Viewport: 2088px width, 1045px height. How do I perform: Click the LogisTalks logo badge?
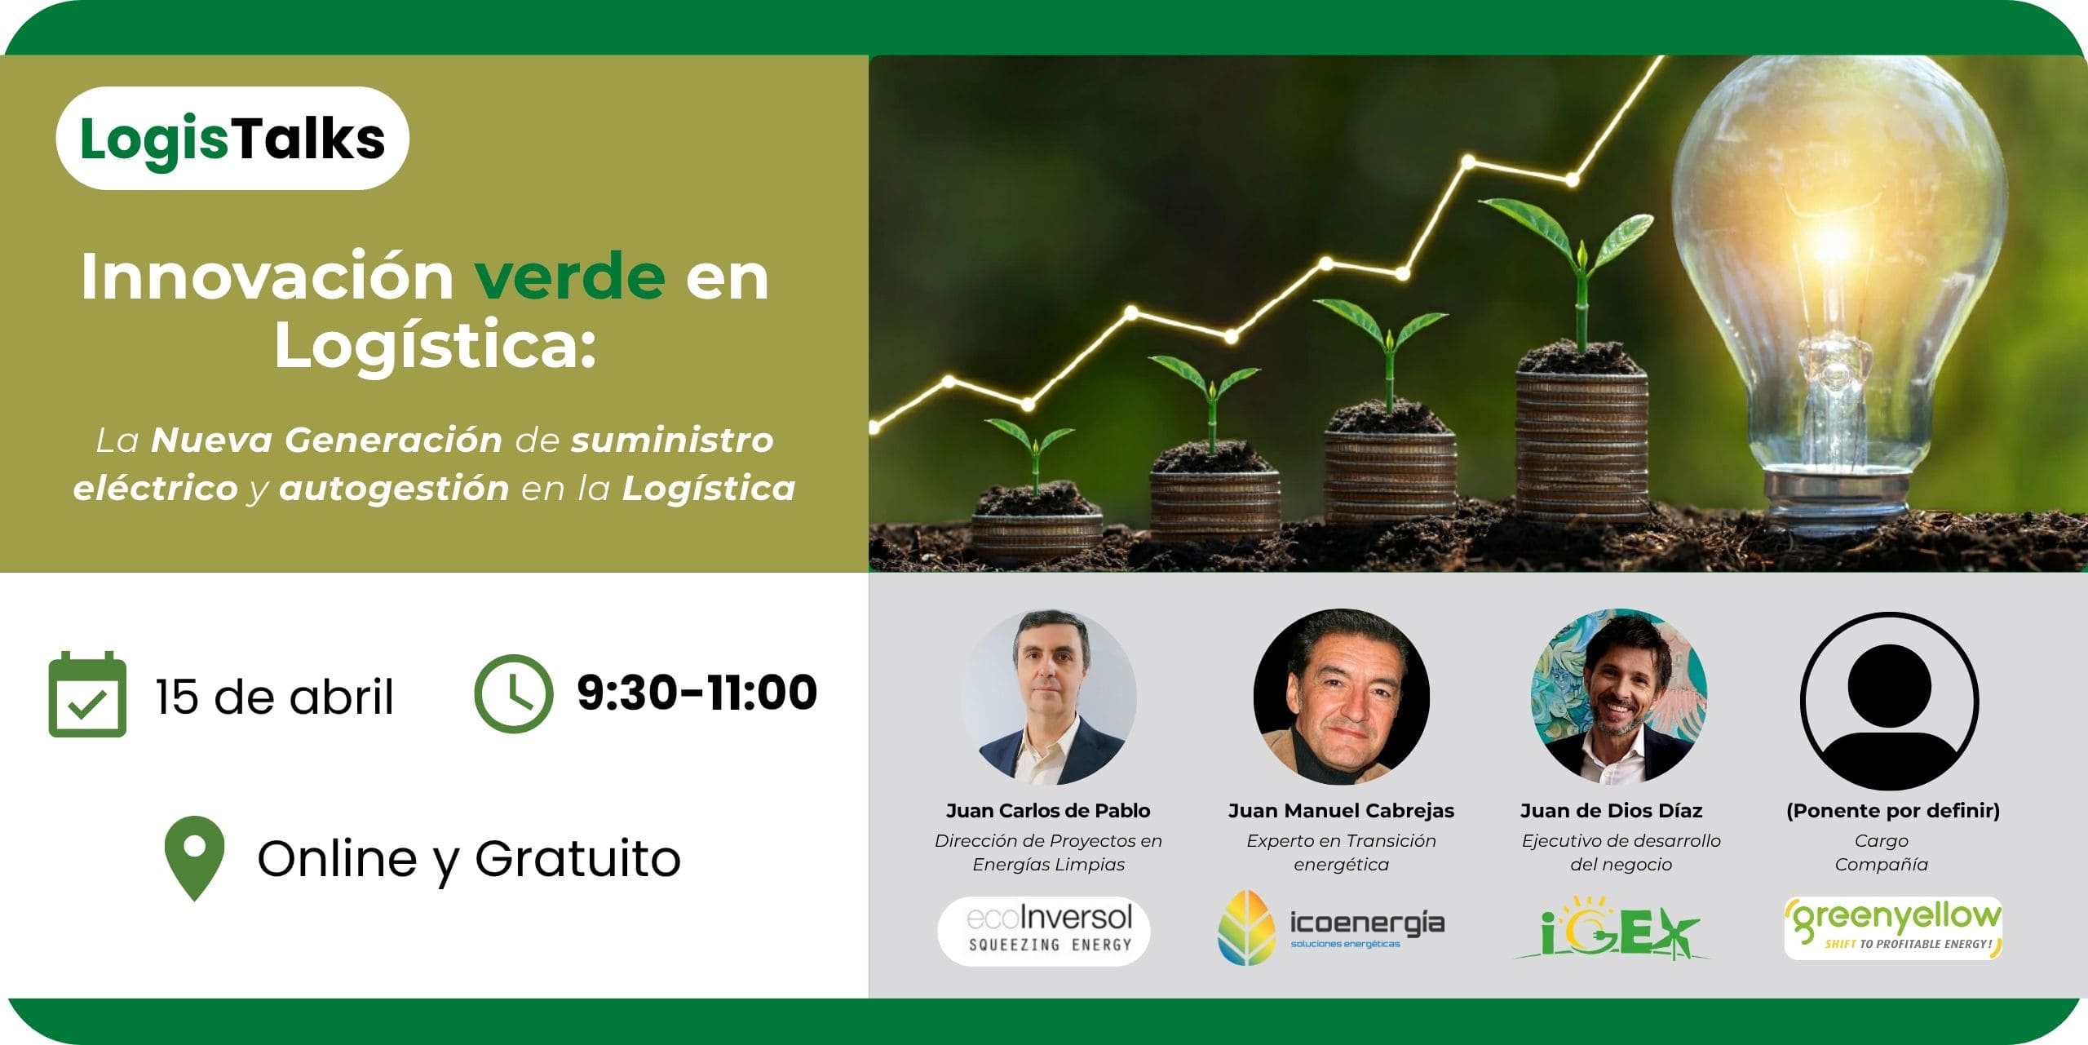pyautogui.click(x=232, y=138)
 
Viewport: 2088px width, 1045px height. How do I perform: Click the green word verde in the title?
pyautogui.click(x=570, y=277)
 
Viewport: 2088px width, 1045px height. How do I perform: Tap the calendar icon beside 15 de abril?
pyautogui.click(x=87, y=694)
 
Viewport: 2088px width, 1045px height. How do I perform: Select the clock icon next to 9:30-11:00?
pyautogui.click(x=513, y=693)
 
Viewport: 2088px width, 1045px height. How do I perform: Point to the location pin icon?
pyautogui.click(x=194, y=858)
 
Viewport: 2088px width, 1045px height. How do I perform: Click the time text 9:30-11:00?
pyautogui.click(x=697, y=693)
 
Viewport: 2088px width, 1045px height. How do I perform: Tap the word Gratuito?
pyautogui.click(x=577, y=858)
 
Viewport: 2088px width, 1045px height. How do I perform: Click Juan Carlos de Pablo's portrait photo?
pyautogui.click(x=1048, y=697)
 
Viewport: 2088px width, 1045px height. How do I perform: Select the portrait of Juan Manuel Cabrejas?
pyautogui.click(x=1341, y=697)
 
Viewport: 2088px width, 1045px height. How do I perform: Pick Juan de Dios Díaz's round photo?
pyautogui.click(x=1619, y=697)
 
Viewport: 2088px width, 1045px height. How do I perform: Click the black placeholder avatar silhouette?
pyautogui.click(x=1889, y=701)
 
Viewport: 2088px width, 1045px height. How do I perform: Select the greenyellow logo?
pyautogui.click(x=1893, y=928)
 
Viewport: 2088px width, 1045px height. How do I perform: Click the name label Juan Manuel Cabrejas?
pyautogui.click(x=1341, y=811)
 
